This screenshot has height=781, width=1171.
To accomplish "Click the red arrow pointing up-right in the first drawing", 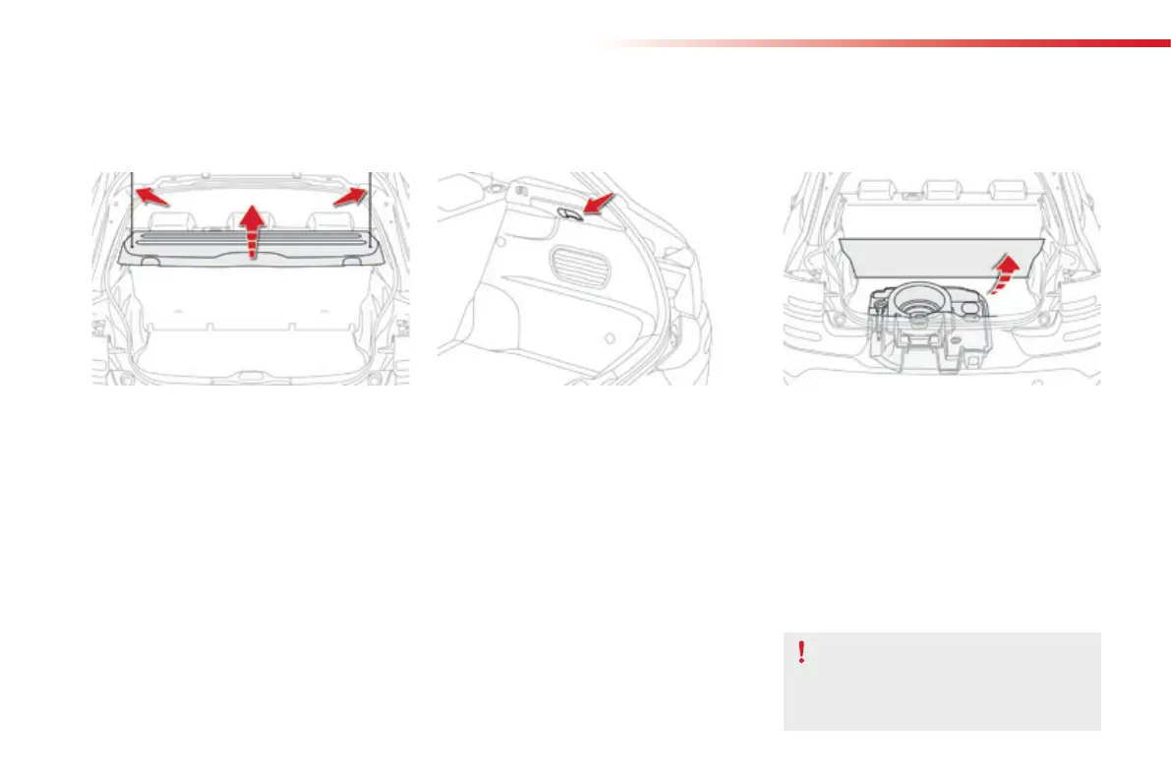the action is [350, 197].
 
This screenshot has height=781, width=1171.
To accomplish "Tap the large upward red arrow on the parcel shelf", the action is [253, 230].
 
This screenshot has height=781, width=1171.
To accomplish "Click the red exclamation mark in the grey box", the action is [802, 651].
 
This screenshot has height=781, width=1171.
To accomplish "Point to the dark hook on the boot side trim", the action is [569, 211].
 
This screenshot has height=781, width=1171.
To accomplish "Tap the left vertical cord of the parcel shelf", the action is [133, 207].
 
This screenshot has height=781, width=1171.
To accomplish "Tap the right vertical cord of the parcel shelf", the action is [370, 207].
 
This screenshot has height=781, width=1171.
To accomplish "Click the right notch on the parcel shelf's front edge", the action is [352, 261].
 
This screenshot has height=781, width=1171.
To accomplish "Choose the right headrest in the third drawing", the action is [1004, 189].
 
